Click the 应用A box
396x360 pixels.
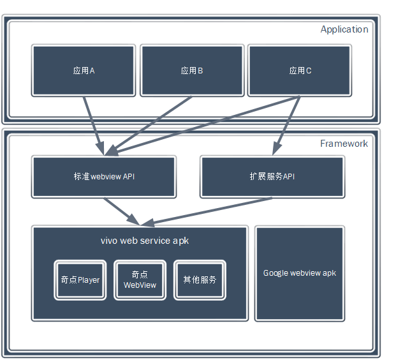click(x=84, y=70)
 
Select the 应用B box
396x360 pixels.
click(x=191, y=70)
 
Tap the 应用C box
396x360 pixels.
click(x=299, y=70)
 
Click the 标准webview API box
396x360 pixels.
click(x=104, y=176)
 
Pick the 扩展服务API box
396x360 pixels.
click(x=272, y=176)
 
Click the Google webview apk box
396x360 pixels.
click(x=299, y=273)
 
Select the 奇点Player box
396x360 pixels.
click(x=80, y=280)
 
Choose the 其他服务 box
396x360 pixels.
click(x=200, y=280)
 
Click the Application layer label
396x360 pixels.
click(x=344, y=29)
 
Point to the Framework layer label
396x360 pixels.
click(x=344, y=144)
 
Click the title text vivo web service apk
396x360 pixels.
click(x=145, y=241)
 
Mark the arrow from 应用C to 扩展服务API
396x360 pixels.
click(x=287, y=124)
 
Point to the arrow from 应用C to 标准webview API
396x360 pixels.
click(x=210, y=124)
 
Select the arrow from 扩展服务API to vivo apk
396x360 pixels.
click(x=210, y=211)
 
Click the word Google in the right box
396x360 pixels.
click(x=275, y=273)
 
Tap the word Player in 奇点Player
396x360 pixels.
click(x=89, y=280)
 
